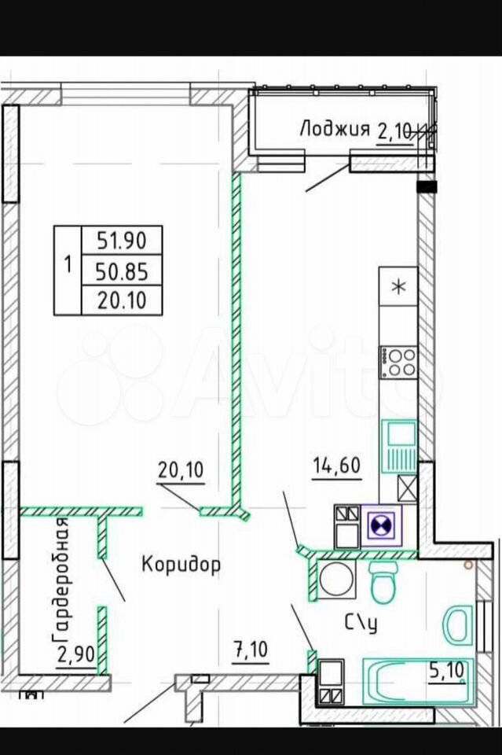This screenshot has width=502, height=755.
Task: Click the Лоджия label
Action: click(335, 130)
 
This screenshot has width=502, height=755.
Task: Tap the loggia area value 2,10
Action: click(395, 131)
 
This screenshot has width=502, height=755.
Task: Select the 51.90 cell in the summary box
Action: click(122, 240)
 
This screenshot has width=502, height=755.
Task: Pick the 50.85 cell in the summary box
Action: click(122, 272)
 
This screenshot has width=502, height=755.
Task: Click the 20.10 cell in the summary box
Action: click(122, 301)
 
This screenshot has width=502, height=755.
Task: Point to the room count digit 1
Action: click(68, 264)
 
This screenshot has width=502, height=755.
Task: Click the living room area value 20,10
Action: click(181, 470)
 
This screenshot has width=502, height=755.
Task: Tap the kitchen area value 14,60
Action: click(336, 466)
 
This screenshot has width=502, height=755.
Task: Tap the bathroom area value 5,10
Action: click(447, 669)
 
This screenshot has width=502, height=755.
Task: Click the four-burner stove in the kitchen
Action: click(398, 362)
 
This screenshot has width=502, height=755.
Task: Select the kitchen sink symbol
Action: click(399, 446)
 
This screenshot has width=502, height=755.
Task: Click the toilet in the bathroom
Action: click(383, 582)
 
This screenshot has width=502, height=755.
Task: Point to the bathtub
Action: click(417, 681)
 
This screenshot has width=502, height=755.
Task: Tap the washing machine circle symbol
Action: click(332, 578)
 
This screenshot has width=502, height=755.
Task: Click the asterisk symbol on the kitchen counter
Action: click(398, 286)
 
